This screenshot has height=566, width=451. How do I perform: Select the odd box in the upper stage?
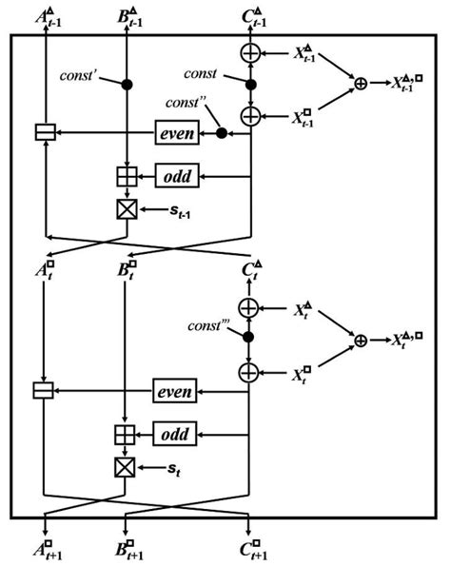[x=175, y=176]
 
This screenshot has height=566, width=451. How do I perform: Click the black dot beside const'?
[x=127, y=86]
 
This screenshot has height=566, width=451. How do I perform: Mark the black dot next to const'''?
[x=249, y=337]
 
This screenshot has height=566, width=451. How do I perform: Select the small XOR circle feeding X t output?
[x=361, y=340]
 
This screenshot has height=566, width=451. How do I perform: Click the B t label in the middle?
[x=127, y=270]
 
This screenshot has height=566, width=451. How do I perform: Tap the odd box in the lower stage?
[x=175, y=434]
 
